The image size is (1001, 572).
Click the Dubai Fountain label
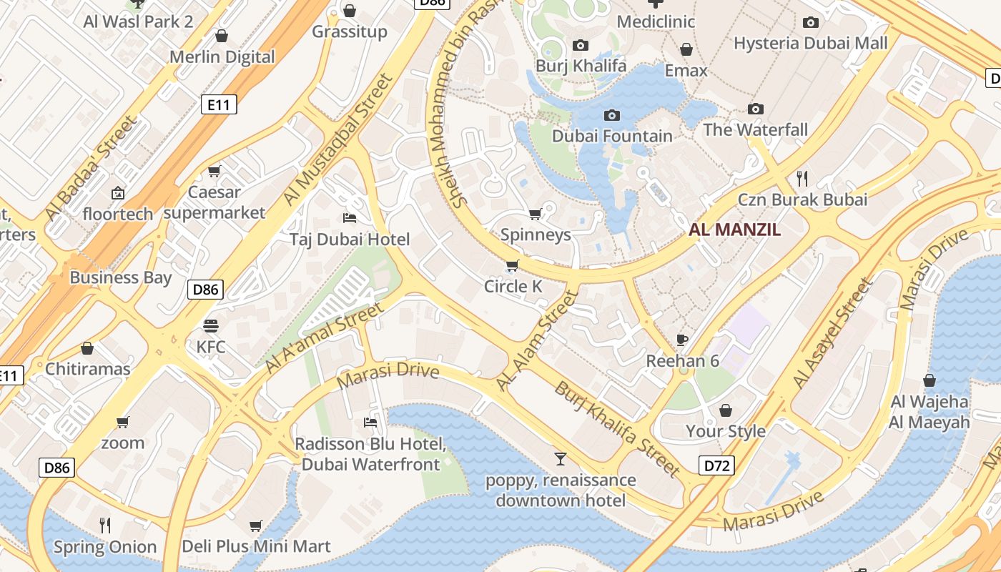click(x=612, y=136)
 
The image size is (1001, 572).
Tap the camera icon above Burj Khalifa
click(x=581, y=46)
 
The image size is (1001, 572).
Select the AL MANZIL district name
click(x=734, y=230)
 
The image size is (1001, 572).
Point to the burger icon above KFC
click(x=210, y=326)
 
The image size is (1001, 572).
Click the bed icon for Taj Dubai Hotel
click(x=350, y=217)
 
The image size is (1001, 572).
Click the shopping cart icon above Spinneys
click(x=535, y=214)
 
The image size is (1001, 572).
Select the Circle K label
click(x=513, y=287)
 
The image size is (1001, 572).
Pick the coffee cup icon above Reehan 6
click(x=682, y=340)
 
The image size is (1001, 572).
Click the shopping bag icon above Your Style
click(x=726, y=410)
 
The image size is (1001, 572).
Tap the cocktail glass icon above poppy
click(x=561, y=458)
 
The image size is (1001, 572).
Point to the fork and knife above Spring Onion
click(x=105, y=526)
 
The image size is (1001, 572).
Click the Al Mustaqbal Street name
click(x=337, y=140)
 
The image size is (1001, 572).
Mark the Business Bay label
click(x=120, y=277)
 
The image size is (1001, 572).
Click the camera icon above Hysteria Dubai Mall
click(x=810, y=22)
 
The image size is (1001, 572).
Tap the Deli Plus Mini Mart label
click(x=256, y=547)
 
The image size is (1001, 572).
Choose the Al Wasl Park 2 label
click(x=138, y=21)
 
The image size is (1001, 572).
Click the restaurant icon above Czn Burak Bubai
click(x=802, y=178)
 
